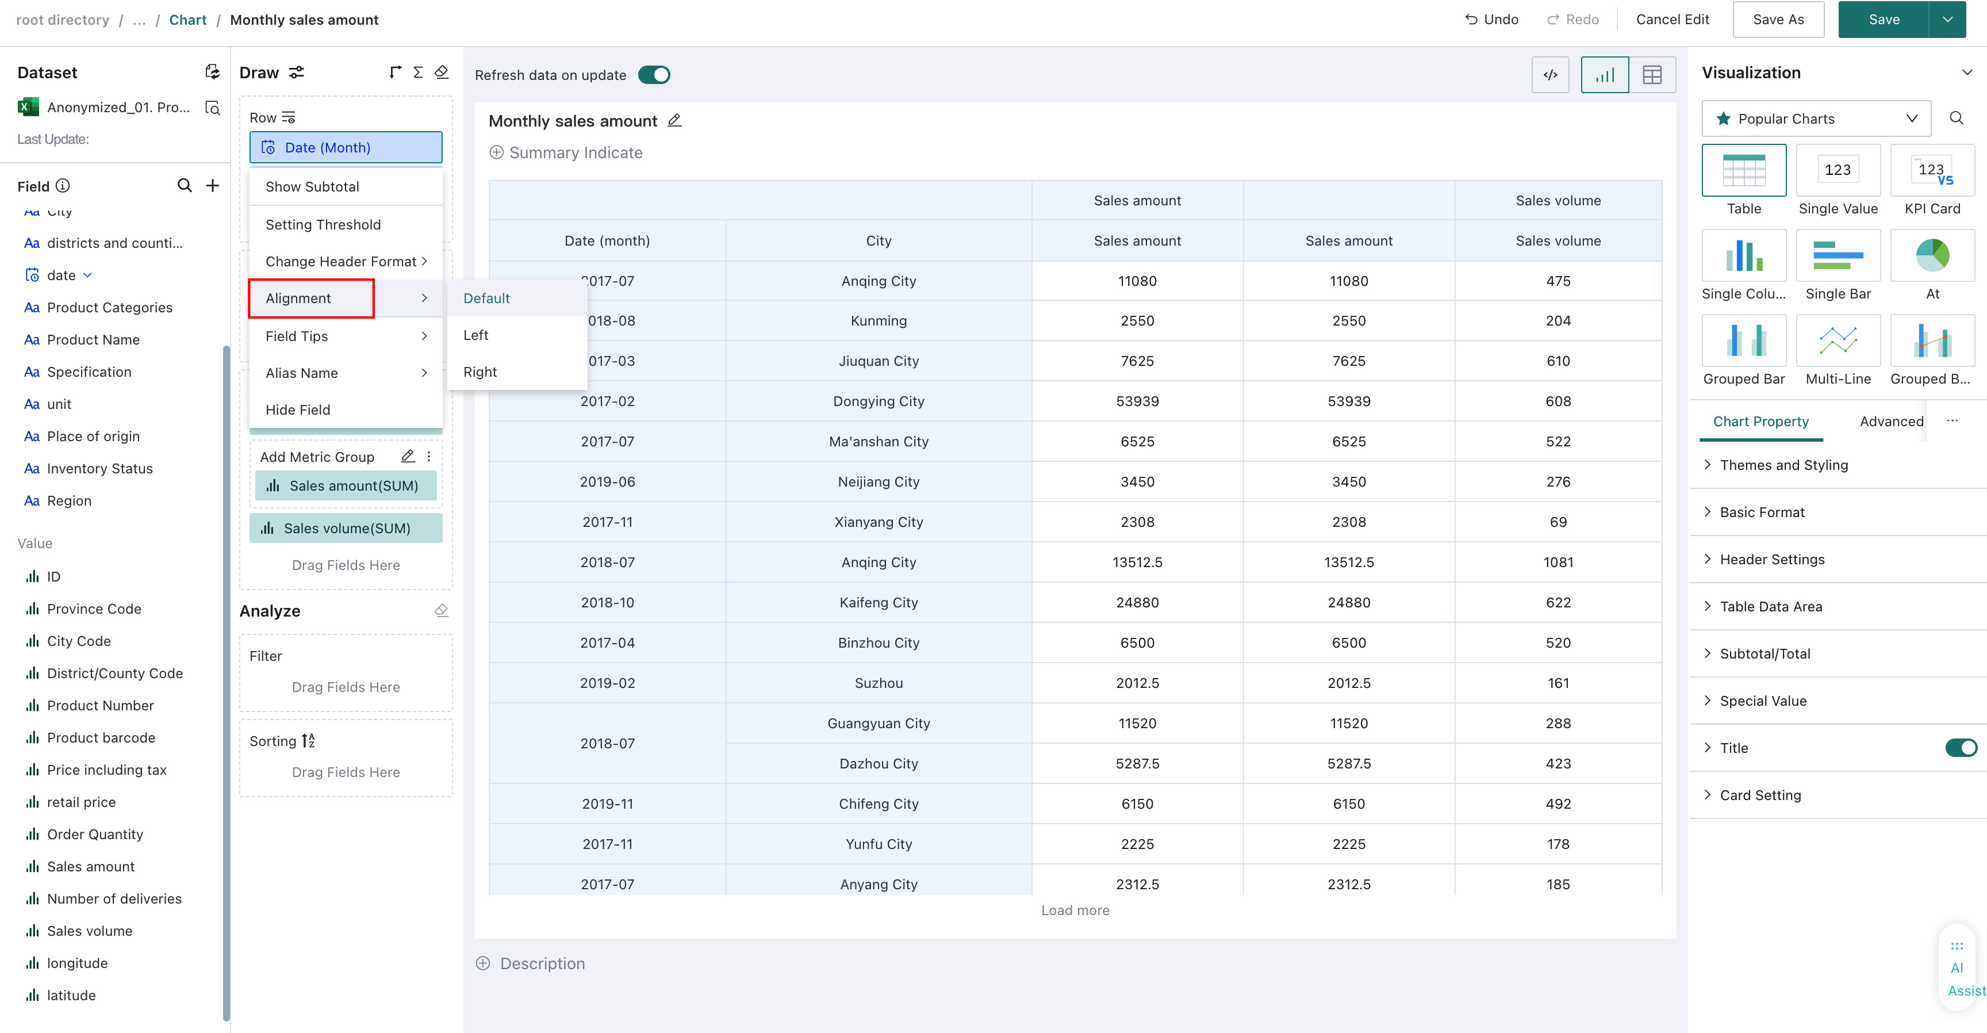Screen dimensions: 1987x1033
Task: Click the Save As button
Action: pyautogui.click(x=1777, y=20)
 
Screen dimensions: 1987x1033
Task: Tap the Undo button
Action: pyautogui.click(x=1492, y=20)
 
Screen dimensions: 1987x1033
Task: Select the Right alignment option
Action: pyautogui.click(x=480, y=372)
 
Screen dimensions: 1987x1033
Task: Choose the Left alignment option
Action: pyautogui.click(x=476, y=335)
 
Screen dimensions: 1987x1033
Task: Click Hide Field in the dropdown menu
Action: pyautogui.click(x=298, y=410)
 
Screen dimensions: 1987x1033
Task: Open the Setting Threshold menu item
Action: pyautogui.click(x=323, y=224)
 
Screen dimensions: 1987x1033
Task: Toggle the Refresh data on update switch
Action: pyautogui.click(x=654, y=75)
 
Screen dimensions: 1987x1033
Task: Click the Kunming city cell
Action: pyautogui.click(x=879, y=320)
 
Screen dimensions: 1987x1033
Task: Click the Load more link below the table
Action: pyautogui.click(x=1075, y=910)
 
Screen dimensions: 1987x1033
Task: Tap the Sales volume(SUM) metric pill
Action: pyautogui.click(x=346, y=529)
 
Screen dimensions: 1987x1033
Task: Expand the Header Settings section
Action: pyautogui.click(x=1772, y=559)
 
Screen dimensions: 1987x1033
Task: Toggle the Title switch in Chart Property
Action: pyautogui.click(x=1961, y=748)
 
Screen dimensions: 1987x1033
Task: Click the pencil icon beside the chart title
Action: pyautogui.click(x=674, y=120)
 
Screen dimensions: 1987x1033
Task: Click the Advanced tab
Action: pyautogui.click(x=1892, y=421)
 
